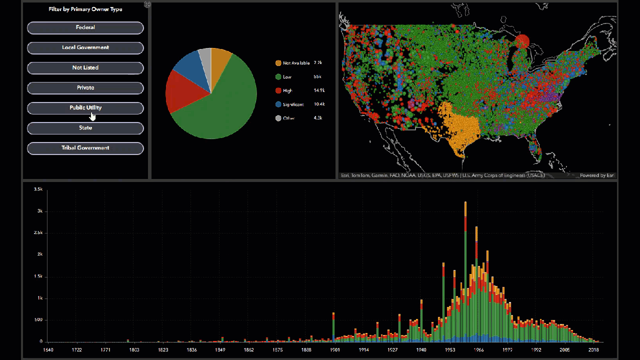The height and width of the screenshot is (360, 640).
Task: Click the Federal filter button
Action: pos(85,27)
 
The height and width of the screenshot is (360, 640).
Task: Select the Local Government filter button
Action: pos(85,47)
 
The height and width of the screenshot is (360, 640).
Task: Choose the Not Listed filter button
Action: pos(85,67)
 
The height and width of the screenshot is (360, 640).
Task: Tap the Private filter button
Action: pos(85,87)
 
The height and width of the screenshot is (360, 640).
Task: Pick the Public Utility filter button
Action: pos(85,107)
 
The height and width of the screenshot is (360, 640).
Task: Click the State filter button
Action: pos(85,128)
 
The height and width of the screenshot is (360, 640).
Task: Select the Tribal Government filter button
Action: pos(85,148)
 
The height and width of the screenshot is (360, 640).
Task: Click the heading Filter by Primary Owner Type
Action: pos(85,9)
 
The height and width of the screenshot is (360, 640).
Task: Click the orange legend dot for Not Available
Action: pos(278,63)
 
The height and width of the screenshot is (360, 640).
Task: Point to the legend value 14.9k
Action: pos(319,90)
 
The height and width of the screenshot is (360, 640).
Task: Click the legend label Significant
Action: pos(293,104)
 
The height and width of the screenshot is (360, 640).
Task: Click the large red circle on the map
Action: pos(522,41)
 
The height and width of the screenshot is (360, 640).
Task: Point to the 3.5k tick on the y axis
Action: pos(38,189)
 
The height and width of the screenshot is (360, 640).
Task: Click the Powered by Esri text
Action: pos(596,175)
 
